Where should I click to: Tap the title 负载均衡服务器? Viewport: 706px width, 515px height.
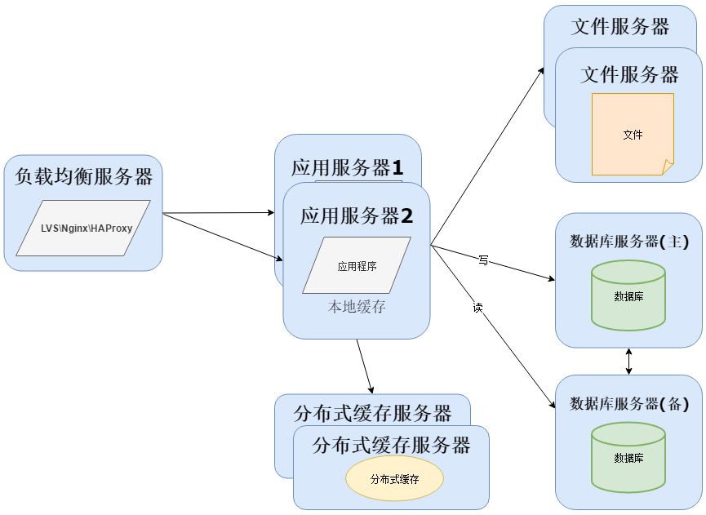(x=83, y=176)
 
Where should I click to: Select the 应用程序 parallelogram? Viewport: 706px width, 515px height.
(x=357, y=266)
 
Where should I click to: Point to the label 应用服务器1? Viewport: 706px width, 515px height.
(x=348, y=168)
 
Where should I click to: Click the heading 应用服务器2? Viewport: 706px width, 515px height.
(x=357, y=216)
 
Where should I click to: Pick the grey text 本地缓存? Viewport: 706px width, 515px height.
(x=357, y=308)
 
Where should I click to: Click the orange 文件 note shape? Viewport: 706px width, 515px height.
(x=633, y=135)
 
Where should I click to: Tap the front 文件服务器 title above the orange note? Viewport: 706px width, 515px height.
(x=629, y=75)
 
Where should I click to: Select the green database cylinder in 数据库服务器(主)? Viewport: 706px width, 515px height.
(x=628, y=295)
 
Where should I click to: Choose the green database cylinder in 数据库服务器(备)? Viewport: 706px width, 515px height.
(x=628, y=457)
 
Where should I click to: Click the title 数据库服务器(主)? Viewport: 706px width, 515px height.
(x=628, y=242)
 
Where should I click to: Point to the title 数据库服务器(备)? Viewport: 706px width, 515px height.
(x=628, y=403)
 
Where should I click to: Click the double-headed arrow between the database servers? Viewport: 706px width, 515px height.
(x=628, y=362)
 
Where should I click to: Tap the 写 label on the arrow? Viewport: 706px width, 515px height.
(x=483, y=260)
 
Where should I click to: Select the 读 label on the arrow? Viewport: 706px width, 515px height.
(x=477, y=308)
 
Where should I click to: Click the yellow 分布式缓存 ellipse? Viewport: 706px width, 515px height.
(x=394, y=479)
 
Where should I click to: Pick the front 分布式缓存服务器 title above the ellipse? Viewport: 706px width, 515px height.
(x=391, y=446)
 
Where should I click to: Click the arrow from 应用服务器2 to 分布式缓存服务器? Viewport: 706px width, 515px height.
(x=365, y=366)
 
